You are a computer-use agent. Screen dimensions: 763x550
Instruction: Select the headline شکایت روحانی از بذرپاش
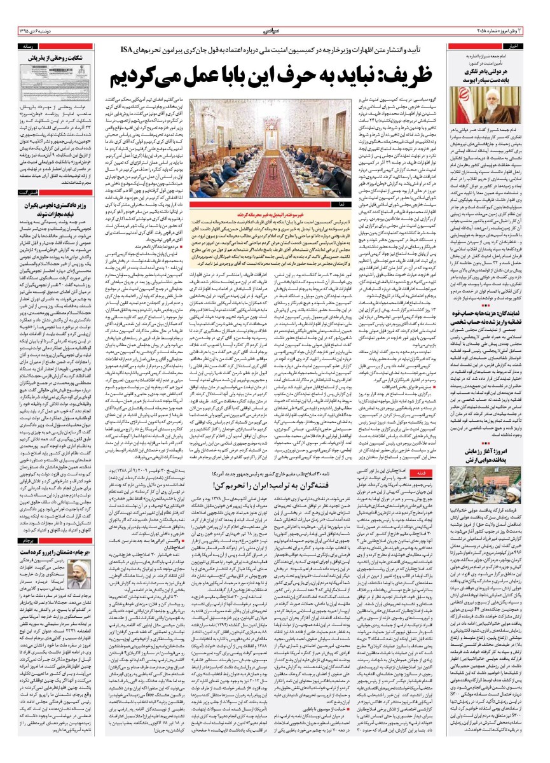tap(46, 58)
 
